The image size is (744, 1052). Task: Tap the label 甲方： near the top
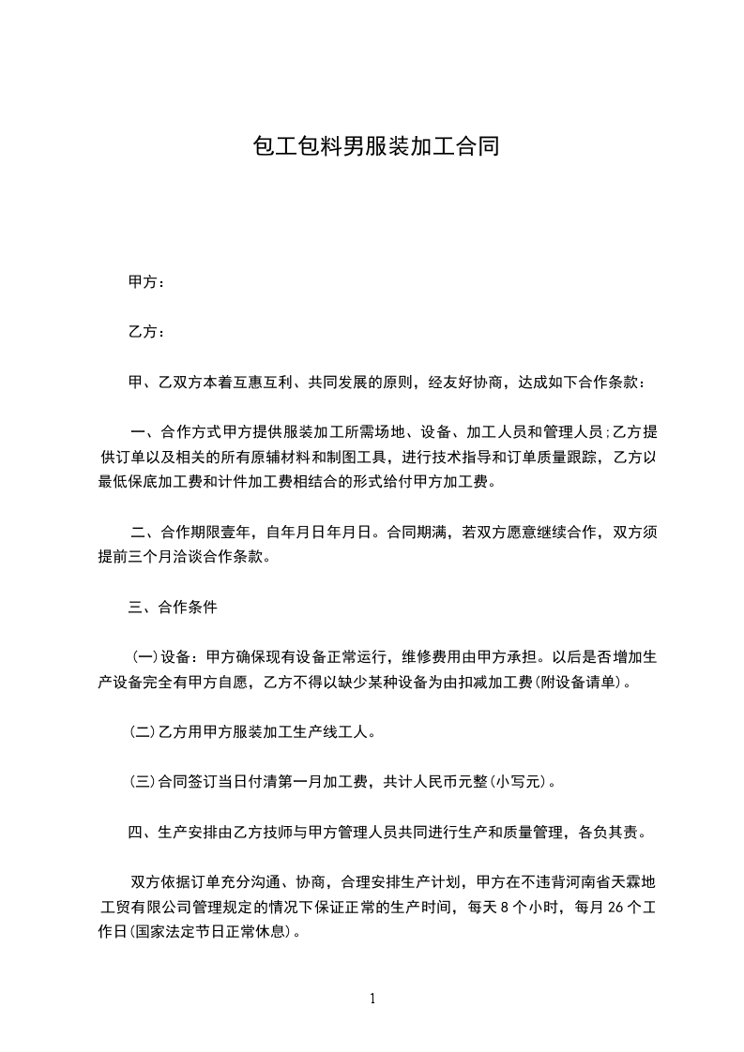(x=147, y=282)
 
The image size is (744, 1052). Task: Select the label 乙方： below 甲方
(x=147, y=332)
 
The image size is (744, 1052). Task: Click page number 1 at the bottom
(x=372, y=999)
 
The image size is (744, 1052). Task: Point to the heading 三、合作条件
(x=173, y=607)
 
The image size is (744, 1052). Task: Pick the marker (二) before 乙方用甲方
(x=144, y=731)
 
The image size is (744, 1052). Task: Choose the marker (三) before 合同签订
(x=144, y=781)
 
